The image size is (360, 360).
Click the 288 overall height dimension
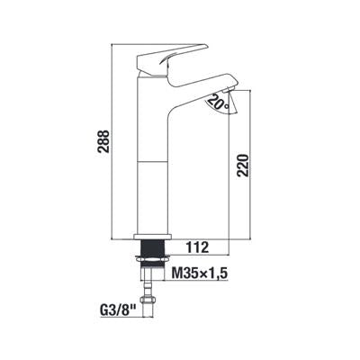pos(103,141)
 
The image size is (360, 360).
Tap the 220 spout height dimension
pos(242,166)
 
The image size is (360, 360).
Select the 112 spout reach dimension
pos(197,247)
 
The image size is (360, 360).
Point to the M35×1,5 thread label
pos(200,273)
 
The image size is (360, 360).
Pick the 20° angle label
pos(218,102)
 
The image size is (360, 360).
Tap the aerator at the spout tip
pos(229,89)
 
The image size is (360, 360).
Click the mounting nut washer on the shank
pos(153,258)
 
